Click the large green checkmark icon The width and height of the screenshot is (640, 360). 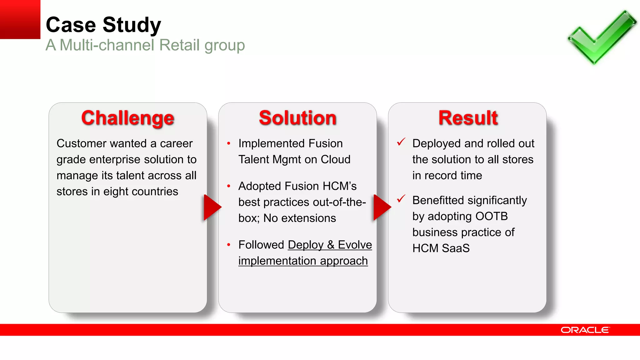click(602, 37)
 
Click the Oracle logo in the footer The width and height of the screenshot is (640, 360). click(585, 330)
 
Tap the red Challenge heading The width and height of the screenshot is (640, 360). click(127, 118)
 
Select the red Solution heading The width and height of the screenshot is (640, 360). click(297, 118)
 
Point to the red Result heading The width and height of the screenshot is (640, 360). click(468, 118)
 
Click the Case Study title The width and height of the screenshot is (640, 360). click(103, 25)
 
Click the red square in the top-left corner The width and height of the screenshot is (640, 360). click(20, 19)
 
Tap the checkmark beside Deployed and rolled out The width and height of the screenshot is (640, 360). click(401, 142)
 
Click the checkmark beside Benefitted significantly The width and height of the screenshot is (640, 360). click(401, 198)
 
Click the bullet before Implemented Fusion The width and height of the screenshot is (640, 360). click(229, 143)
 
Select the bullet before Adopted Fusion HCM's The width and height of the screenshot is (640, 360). click(229, 186)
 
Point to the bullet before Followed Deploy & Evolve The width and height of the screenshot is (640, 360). click(229, 245)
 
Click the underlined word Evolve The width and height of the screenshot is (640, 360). click(355, 245)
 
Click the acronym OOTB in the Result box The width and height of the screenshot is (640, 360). click(492, 216)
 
